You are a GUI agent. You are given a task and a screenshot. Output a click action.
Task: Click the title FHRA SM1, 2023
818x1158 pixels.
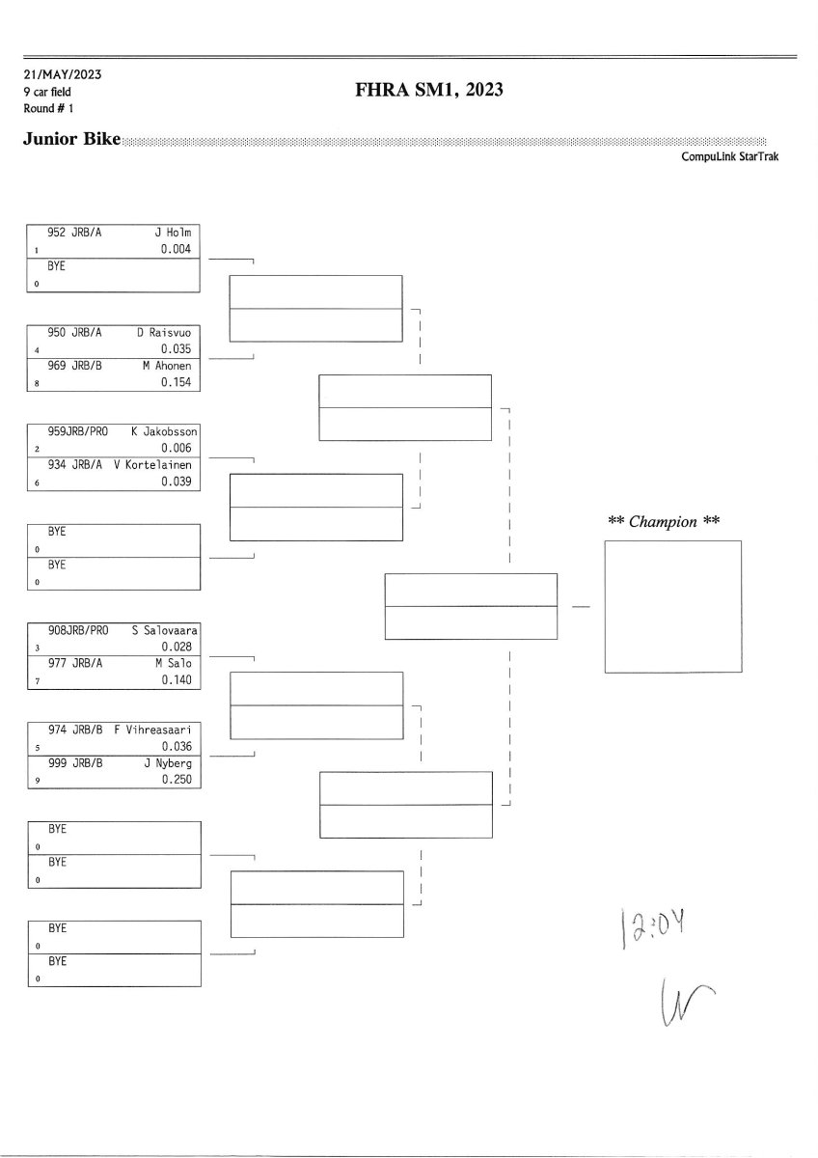[430, 91]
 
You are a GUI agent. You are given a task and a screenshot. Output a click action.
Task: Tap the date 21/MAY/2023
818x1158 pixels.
[64, 75]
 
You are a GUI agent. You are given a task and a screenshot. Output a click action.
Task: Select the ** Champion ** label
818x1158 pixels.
[665, 521]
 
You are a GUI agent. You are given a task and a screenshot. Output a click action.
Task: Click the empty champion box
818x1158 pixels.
[672, 606]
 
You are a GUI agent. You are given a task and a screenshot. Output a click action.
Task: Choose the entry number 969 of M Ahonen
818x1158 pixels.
[57, 366]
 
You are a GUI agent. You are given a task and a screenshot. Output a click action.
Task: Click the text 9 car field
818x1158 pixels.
[47, 92]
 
